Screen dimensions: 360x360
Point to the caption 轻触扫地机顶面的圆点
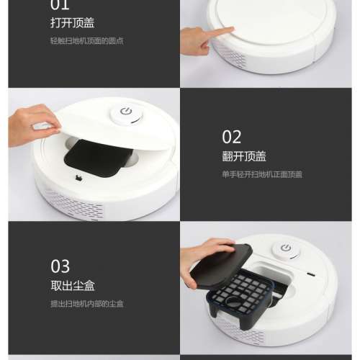click(x=86, y=40)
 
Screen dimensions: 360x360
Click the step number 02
click(x=232, y=137)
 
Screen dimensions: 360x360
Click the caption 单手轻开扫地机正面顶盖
click(x=261, y=174)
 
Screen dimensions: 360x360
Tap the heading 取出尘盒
click(x=69, y=286)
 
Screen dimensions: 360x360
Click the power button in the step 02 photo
click(x=127, y=114)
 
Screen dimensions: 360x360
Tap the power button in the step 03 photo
click(x=287, y=249)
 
